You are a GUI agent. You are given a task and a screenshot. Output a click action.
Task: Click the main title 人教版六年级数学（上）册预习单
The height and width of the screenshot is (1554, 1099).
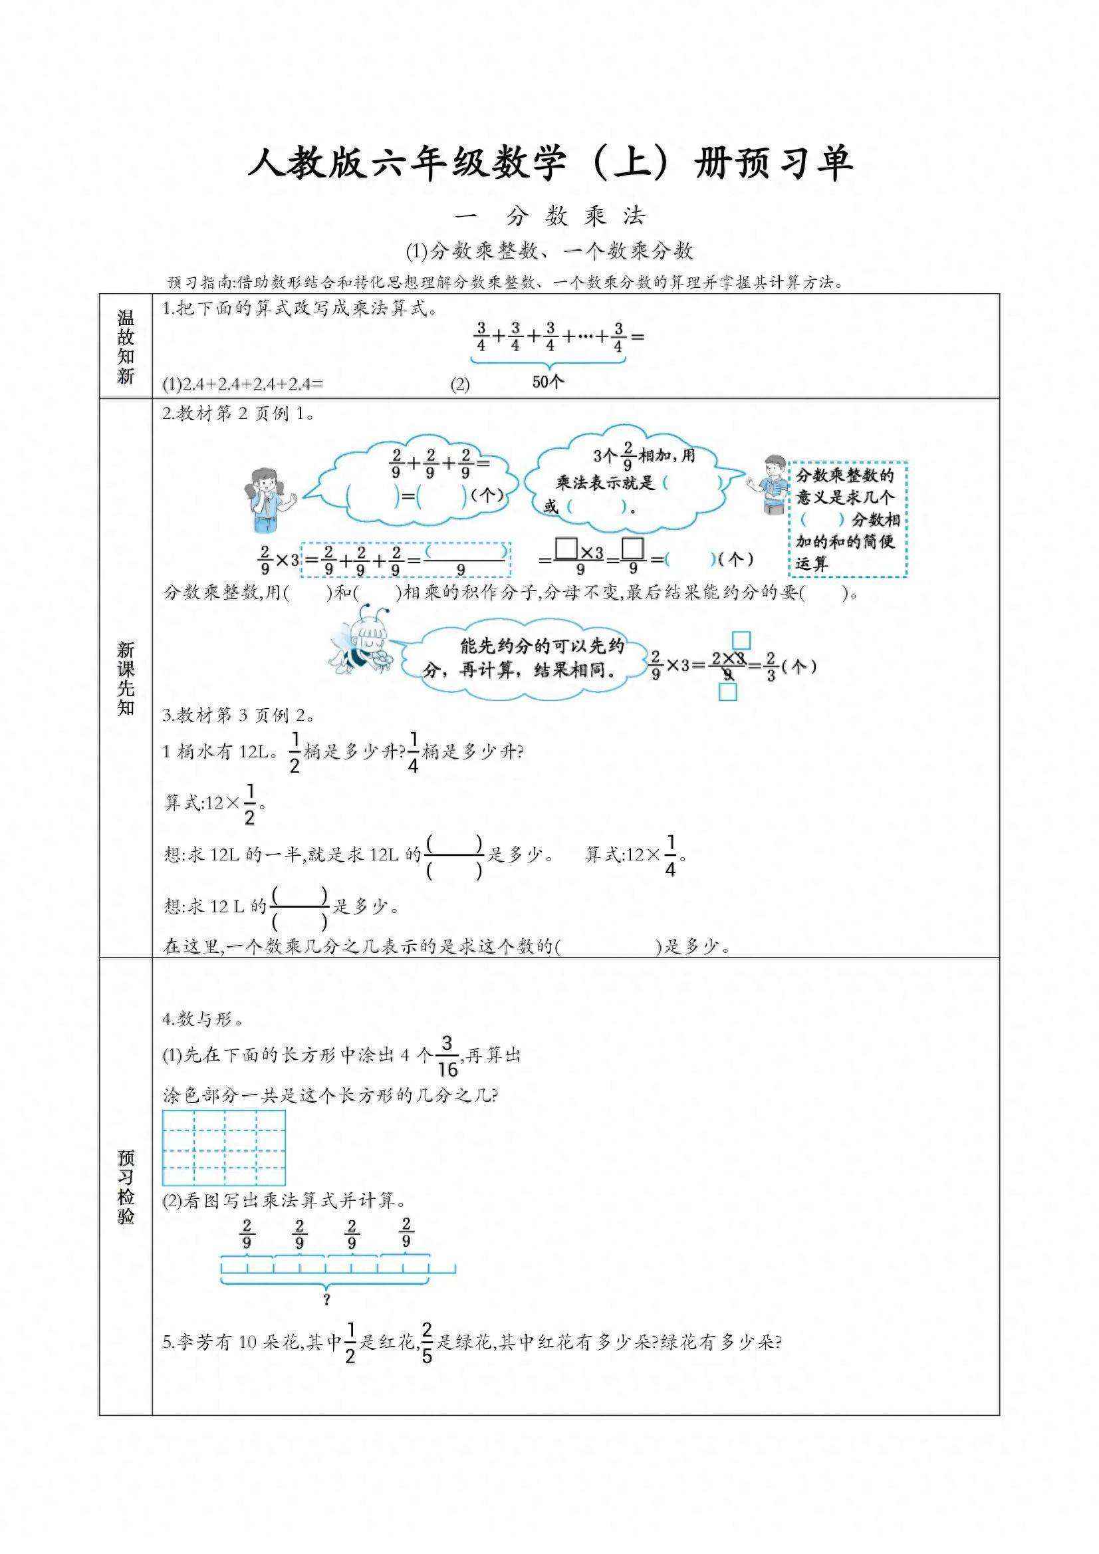coord(549,164)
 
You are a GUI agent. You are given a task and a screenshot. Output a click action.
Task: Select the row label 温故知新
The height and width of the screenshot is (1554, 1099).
coord(126,346)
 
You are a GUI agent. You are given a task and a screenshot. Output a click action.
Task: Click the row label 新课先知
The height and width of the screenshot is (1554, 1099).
coord(126,679)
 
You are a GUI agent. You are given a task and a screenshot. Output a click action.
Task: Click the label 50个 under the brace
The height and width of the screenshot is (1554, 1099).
coord(547,382)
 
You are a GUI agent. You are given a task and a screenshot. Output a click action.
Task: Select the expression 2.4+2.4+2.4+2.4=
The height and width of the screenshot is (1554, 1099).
coord(243,384)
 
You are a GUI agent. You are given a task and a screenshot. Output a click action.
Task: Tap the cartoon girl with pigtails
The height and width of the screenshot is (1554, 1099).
coord(267,500)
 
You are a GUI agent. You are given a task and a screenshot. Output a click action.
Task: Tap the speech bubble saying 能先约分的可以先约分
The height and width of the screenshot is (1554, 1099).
coord(523,657)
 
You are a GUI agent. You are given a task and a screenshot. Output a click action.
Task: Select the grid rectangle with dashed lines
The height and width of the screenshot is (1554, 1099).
coord(224,1148)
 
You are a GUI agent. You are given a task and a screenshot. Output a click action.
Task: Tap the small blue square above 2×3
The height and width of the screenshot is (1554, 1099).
coord(741,640)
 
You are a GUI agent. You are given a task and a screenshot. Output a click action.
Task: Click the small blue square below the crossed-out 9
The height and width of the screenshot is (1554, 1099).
coord(727,692)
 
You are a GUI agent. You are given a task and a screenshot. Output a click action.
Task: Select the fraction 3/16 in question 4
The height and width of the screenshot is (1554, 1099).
coord(447,1057)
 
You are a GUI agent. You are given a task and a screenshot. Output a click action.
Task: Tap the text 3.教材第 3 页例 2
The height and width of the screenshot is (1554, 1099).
coord(238,715)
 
